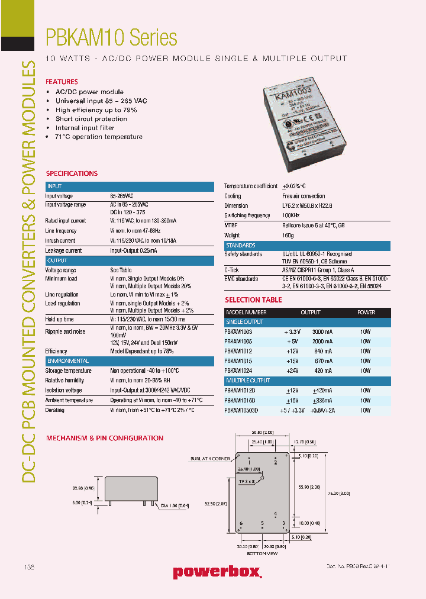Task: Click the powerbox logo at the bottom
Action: tap(217, 572)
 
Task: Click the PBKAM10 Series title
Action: tap(111, 38)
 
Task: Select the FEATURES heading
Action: tap(62, 82)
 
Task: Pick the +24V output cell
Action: tap(293, 371)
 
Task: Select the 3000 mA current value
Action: tap(322, 332)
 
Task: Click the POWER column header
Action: tap(366, 313)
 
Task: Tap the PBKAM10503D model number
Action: tap(241, 410)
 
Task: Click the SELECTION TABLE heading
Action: tap(253, 299)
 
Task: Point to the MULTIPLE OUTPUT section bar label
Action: tap(247, 381)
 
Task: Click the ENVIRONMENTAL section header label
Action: tap(67, 360)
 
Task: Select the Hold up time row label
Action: tap(60, 319)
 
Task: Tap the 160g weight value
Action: tap(288, 236)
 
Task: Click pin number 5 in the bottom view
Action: tap(262, 523)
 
